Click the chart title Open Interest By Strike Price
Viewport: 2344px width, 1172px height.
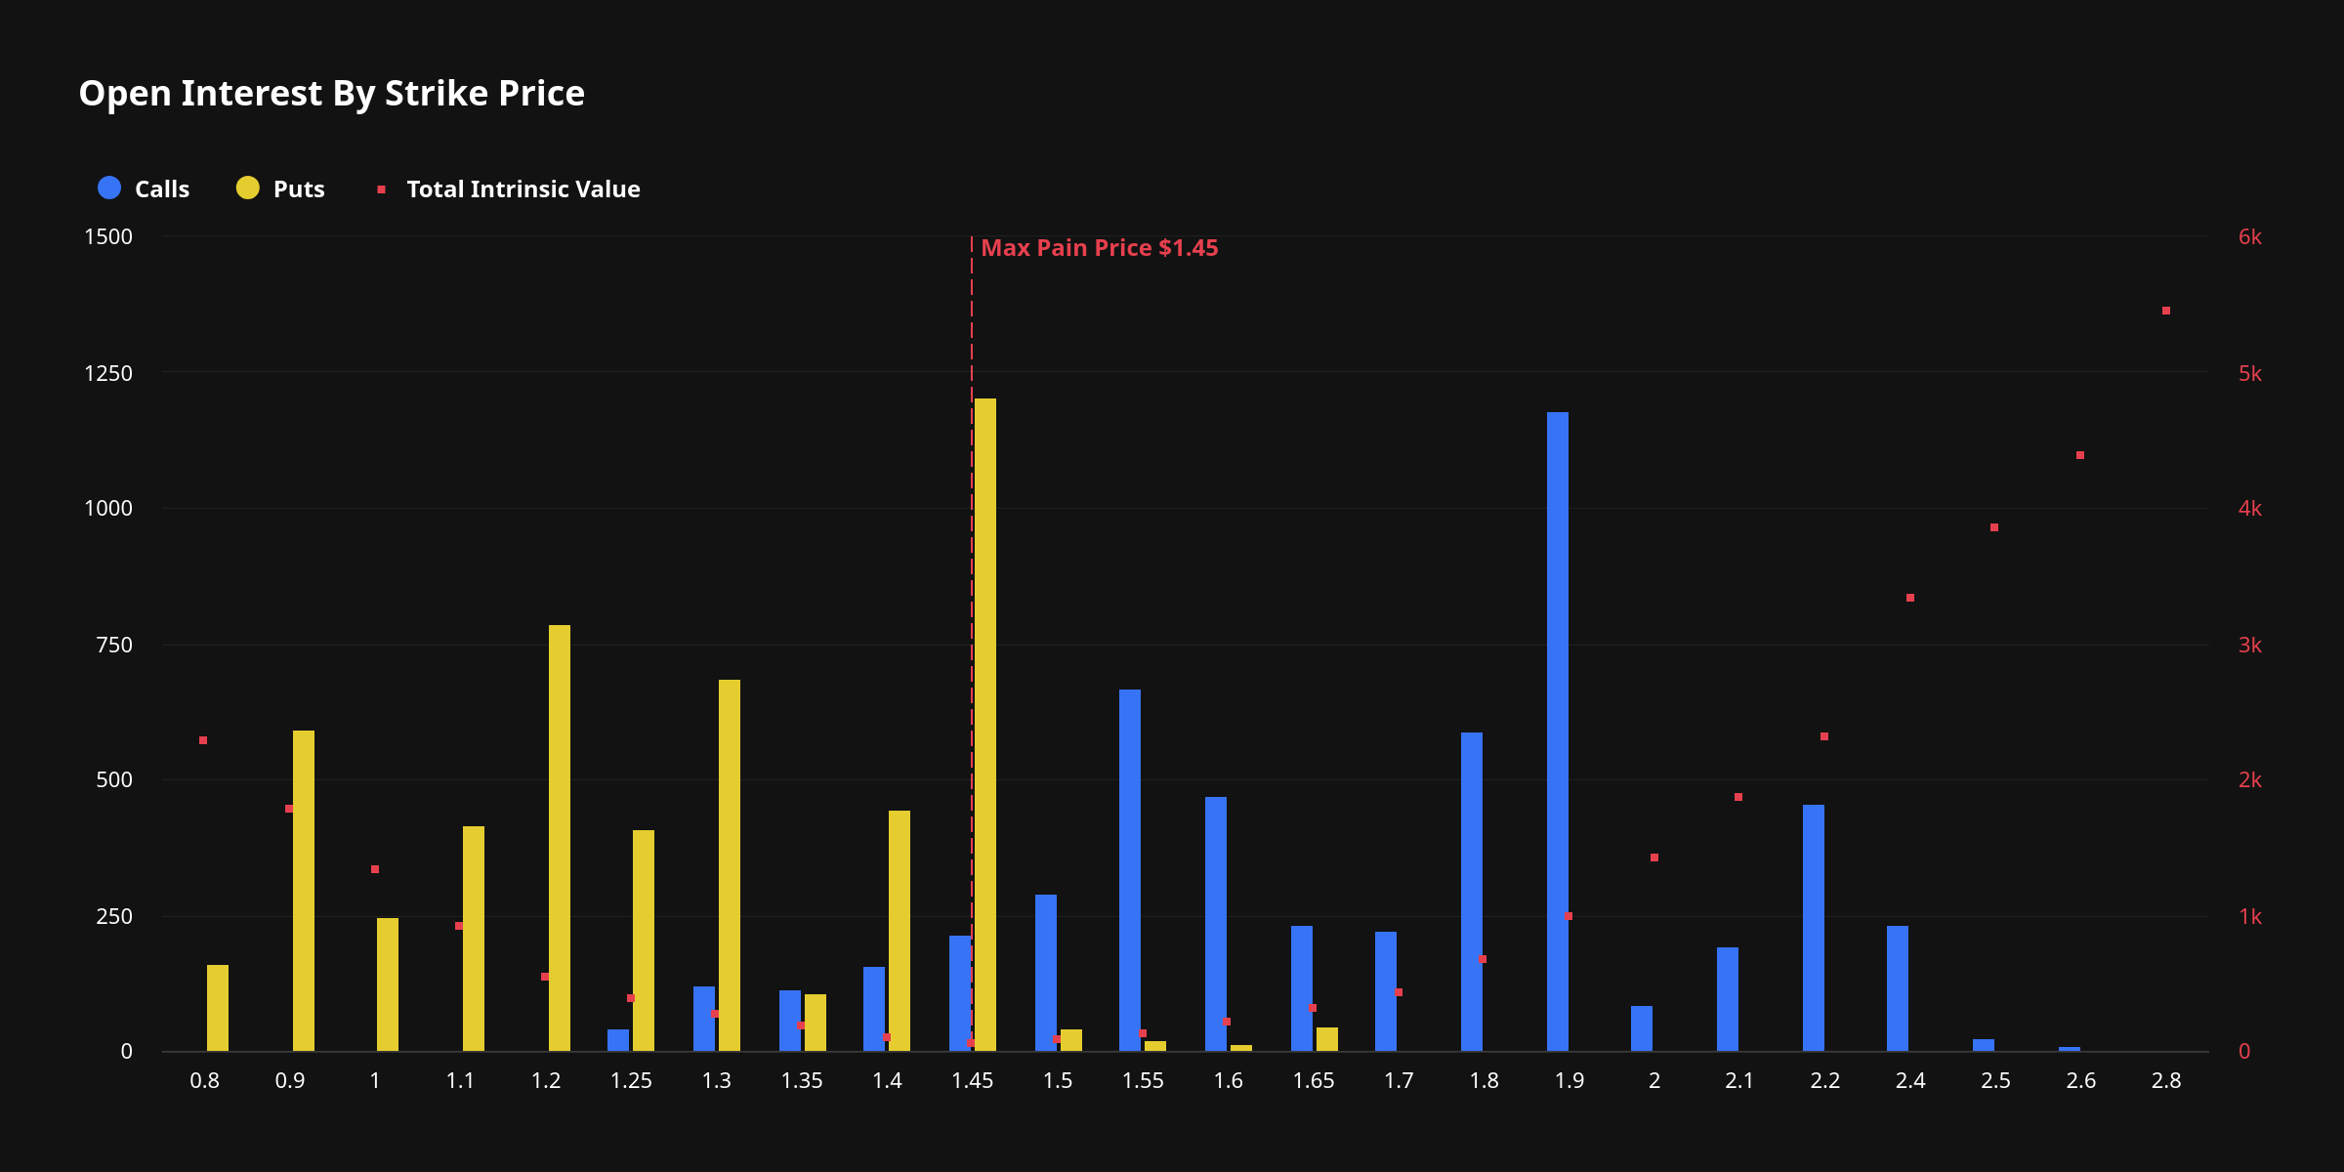(x=331, y=94)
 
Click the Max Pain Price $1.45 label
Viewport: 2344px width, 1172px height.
(x=1099, y=248)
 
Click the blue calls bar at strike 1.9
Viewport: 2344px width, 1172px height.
(x=1558, y=732)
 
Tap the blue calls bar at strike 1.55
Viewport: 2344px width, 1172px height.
(x=1130, y=870)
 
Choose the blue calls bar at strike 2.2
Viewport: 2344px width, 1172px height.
(x=1814, y=928)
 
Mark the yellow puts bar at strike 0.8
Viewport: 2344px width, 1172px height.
(x=218, y=1008)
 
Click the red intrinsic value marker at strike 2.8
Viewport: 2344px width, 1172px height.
(x=2166, y=311)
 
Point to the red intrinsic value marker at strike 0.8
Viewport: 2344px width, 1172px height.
(x=203, y=740)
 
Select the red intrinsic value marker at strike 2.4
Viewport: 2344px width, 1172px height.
(x=1910, y=598)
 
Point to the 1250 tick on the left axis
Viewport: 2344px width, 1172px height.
(x=108, y=373)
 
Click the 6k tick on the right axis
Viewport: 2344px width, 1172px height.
(x=2249, y=237)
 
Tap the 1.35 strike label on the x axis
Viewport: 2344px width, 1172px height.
(x=802, y=1080)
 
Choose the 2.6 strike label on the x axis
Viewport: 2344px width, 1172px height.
(x=2081, y=1080)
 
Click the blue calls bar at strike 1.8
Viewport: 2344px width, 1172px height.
(x=1472, y=892)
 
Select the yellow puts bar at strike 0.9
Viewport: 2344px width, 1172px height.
(x=304, y=891)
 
